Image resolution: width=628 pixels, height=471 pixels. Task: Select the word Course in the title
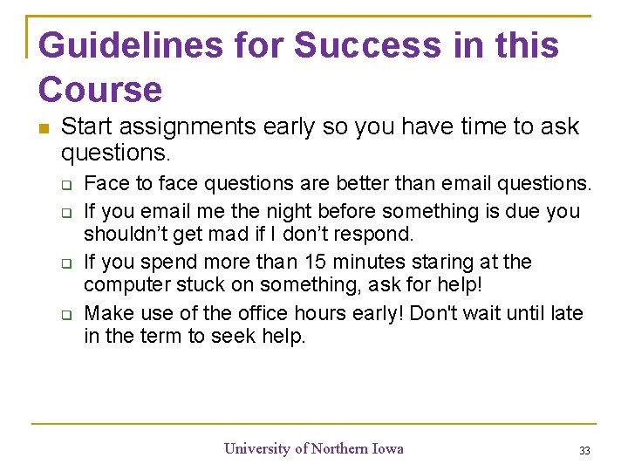(100, 89)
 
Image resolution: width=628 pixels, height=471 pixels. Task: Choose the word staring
(457, 262)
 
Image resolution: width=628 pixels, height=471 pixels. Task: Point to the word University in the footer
(257, 448)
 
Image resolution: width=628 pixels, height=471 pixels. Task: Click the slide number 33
(584, 450)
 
